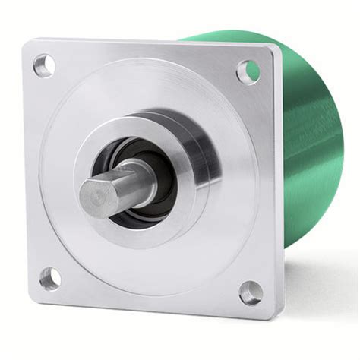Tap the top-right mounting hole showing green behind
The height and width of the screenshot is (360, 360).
(x=248, y=71)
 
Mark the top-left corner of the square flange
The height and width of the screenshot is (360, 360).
(x=27, y=43)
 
